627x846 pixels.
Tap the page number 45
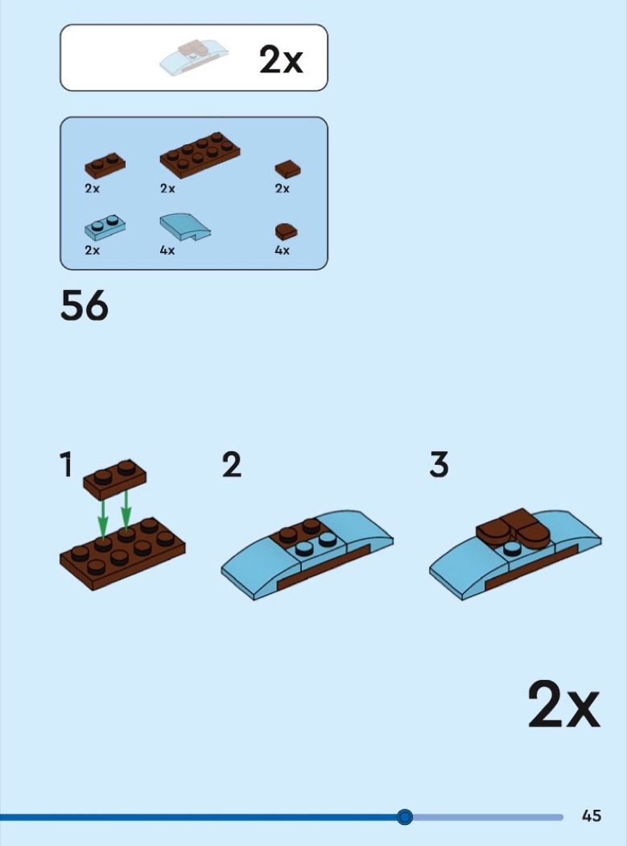tap(592, 815)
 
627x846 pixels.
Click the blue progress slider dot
tap(404, 817)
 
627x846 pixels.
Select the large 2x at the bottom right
tap(563, 704)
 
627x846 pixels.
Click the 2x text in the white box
tap(281, 60)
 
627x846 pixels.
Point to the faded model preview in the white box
tap(193, 57)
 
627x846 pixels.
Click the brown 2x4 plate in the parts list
tap(200, 155)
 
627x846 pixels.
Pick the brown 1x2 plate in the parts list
tap(105, 166)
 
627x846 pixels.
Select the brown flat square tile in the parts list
tap(288, 169)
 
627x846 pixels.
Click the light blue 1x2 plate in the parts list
tap(105, 227)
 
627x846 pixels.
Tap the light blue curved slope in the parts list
tap(185, 226)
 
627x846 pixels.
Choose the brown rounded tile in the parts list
tap(287, 231)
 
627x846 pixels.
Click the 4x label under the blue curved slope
tap(167, 251)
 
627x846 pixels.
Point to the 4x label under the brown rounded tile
tap(282, 251)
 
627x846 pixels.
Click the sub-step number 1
tap(66, 465)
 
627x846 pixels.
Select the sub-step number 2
tap(232, 465)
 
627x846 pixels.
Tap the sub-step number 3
tap(439, 465)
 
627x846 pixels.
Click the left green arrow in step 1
tap(102, 519)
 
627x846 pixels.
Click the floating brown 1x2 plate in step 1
tap(115, 479)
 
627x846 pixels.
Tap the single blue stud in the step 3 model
tap(512, 548)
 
